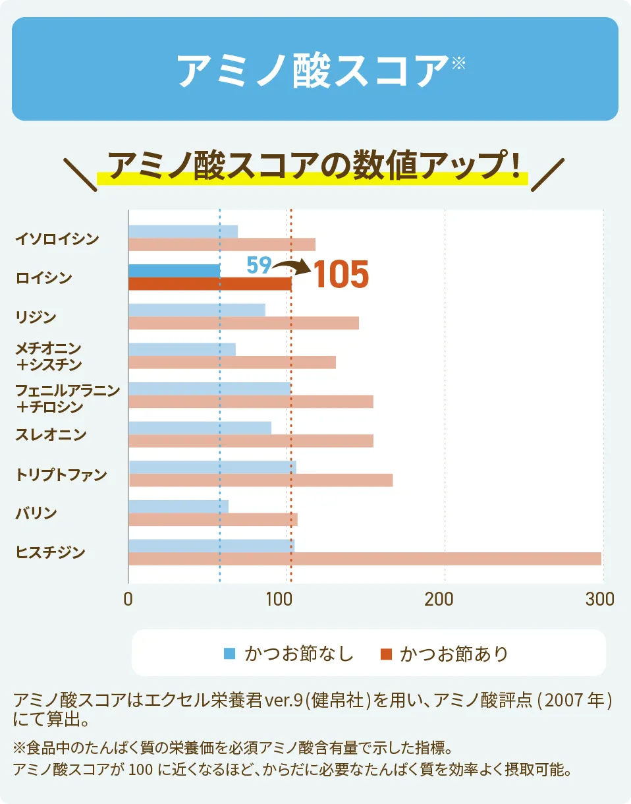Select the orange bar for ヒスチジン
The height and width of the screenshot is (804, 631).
pyautogui.click(x=364, y=559)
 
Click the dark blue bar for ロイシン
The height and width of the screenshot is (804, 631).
pyautogui.click(x=175, y=271)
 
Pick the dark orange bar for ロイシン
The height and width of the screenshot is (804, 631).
pyautogui.click(x=209, y=284)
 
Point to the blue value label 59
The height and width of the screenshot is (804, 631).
pyautogui.click(x=258, y=266)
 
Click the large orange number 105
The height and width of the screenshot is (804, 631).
pyautogui.click(x=341, y=275)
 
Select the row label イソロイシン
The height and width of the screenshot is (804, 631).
pyautogui.click(x=57, y=239)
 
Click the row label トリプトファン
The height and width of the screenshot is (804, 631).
pyautogui.click(x=61, y=474)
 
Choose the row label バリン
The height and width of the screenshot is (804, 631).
pyautogui.click(x=36, y=513)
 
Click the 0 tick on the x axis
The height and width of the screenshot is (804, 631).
pyautogui.click(x=128, y=599)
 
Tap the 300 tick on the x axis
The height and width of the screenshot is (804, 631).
pyautogui.click(x=600, y=599)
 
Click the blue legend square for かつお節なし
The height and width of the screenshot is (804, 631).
pyautogui.click(x=230, y=654)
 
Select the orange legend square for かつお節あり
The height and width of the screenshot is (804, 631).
pyautogui.click(x=386, y=654)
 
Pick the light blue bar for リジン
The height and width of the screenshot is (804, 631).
pyautogui.click(x=196, y=310)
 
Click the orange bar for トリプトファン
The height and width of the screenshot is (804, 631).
pyautogui.click(x=260, y=480)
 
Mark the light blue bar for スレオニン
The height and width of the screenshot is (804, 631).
pyautogui.click(x=200, y=428)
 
